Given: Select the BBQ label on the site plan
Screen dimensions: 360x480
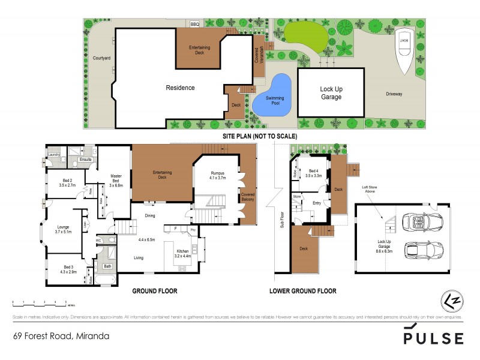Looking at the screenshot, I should click(194, 25).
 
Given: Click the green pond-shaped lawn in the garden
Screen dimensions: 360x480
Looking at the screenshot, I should click(305, 36).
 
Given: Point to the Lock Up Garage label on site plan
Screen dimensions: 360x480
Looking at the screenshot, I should click(331, 92).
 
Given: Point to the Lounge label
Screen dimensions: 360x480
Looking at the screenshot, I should click(63, 229).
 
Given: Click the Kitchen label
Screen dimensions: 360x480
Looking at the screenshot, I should click(182, 253).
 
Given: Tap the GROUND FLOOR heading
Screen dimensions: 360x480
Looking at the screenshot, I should click(155, 291).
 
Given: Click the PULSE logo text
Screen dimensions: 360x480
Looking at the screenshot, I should click(433, 338).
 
